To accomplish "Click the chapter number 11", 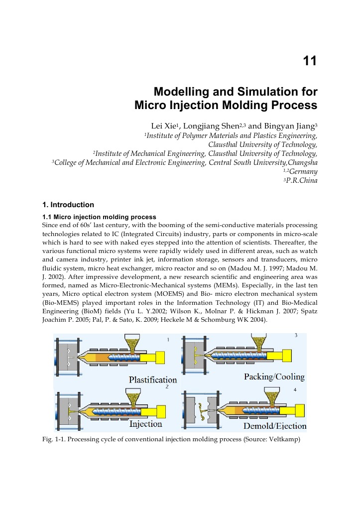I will [x=310, y=62].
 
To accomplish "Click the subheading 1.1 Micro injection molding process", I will [x=100, y=217].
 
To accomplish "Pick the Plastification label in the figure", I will [x=153, y=380].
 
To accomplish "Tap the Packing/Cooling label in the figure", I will [x=274, y=377].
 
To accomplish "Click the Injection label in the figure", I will [x=145, y=424].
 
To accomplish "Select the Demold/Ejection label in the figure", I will [x=274, y=426].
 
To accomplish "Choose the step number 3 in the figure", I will [x=296, y=335].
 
